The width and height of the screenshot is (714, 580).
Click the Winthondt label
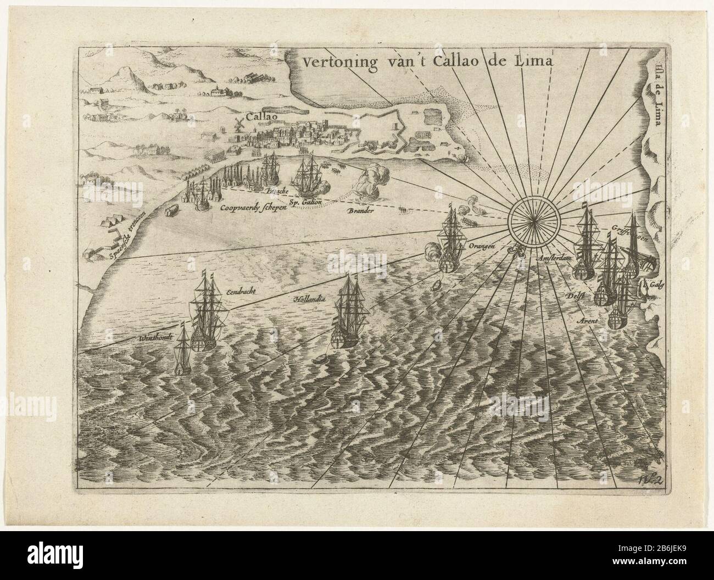157,337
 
